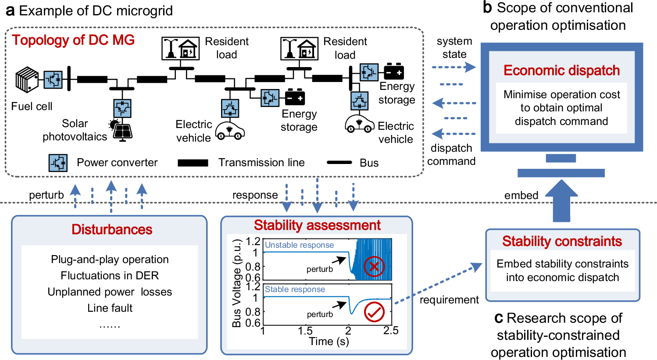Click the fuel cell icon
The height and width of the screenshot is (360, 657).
pos(27,80)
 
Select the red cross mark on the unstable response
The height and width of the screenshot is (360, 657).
pos(374,266)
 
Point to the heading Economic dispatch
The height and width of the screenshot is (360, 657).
pos(561,71)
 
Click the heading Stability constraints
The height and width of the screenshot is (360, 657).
pos(562,241)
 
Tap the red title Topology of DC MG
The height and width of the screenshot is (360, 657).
pos(73,40)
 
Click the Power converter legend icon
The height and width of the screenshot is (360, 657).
pos(58,163)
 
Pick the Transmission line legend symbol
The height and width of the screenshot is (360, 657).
pos(193,163)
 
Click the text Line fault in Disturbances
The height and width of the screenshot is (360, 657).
pos(110,308)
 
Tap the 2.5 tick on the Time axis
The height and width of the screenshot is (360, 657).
pos(390,331)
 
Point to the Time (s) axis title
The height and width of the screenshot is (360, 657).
pos(329,342)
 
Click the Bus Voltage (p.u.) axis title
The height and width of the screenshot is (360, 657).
pos(237,284)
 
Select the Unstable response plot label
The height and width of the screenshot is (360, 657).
pos(299,245)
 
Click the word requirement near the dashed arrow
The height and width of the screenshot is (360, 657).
pos(449,300)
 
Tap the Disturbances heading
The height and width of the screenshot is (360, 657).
pos(112,229)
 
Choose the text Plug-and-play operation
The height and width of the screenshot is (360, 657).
pos(110,260)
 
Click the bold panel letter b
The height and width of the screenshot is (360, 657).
pos(487,8)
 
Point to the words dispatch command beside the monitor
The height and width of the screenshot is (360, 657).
pos(451,155)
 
